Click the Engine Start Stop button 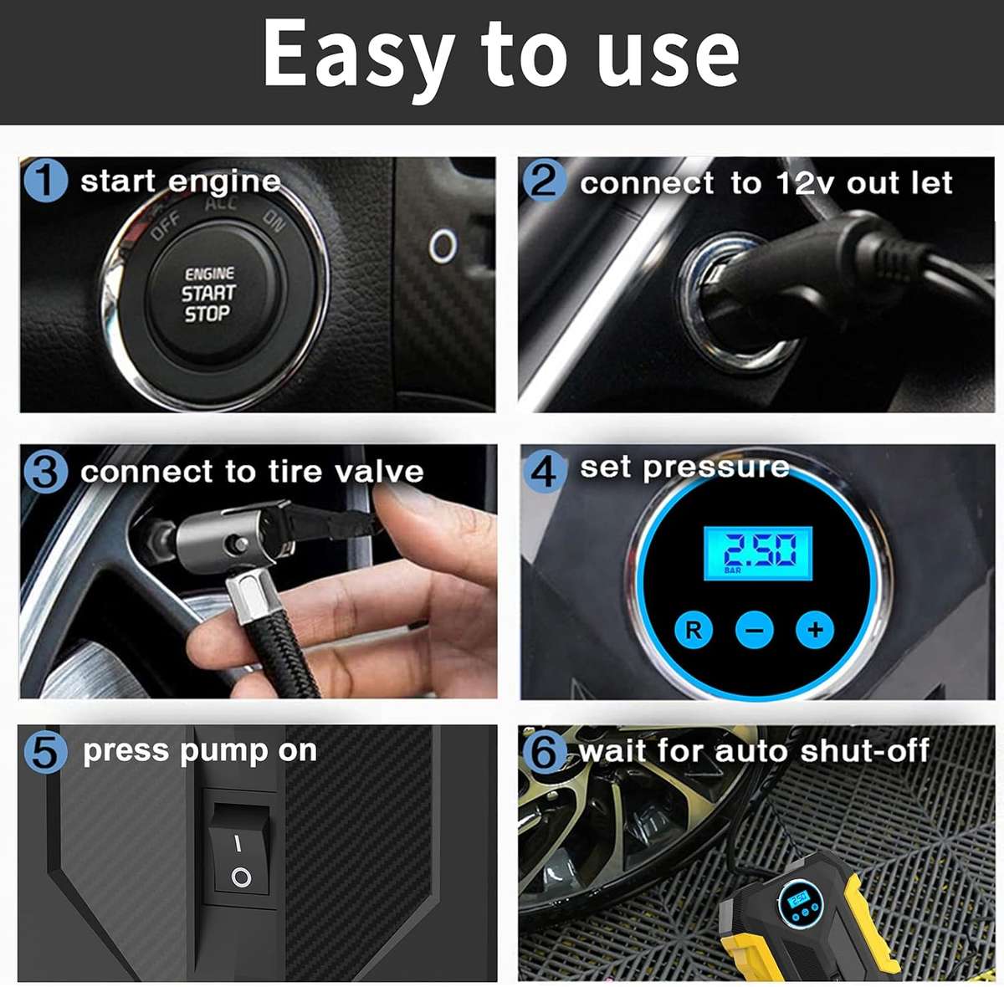point(210,294)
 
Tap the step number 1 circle point(45,181)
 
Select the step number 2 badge point(544,181)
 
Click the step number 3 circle point(45,472)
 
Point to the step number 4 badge point(544,471)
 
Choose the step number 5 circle point(45,751)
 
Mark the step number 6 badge point(544,751)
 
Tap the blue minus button point(754,630)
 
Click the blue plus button point(815,629)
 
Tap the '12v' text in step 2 point(805,183)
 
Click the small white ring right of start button point(443,246)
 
